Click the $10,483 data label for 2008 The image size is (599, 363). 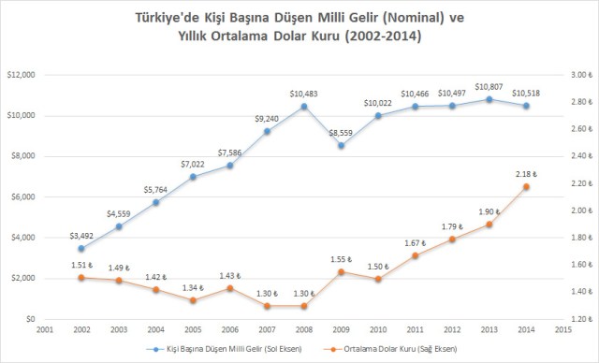[x=303, y=94]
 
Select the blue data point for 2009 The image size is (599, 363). [x=342, y=145]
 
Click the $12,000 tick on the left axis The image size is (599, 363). [x=21, y=75]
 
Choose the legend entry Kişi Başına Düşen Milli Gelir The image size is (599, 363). [x=232, y=350]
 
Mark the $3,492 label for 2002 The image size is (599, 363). [x=81, y=236]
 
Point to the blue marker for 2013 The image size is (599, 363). [x=489, y=99]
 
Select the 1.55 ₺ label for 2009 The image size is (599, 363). [x=341, y=258]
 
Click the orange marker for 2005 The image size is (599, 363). [x=193, y=300]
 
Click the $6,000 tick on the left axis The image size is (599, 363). [x=21, y=196]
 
